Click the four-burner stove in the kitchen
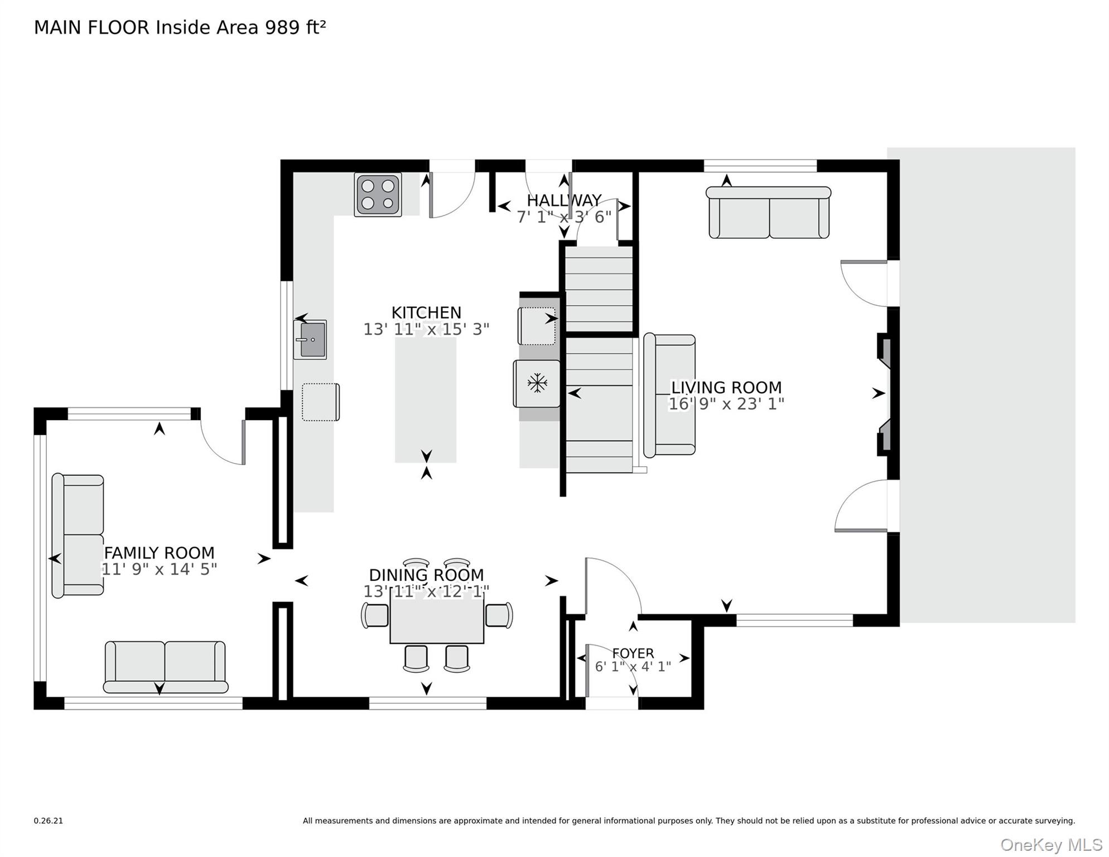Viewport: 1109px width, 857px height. (378, 194)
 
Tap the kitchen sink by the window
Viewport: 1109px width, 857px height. (310, 339)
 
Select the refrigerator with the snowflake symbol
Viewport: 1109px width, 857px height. (537, 383)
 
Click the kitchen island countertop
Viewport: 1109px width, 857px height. (426, 399)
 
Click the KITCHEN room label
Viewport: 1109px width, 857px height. (426, 312)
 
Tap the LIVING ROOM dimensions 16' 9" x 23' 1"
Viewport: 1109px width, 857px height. (726, 404)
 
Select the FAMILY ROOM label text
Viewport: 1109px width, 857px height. (159, 553)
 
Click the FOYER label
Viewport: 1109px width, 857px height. (633, 653)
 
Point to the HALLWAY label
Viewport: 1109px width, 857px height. (564, 200)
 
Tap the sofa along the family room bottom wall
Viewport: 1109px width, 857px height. (165, 667)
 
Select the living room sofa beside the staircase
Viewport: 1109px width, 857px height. (669, 395)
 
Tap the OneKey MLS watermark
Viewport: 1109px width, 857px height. (1051, 845)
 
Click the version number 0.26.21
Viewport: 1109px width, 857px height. (49, 821)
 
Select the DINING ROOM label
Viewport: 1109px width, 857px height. (426, 575)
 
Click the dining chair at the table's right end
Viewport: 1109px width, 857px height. (499, 615)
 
